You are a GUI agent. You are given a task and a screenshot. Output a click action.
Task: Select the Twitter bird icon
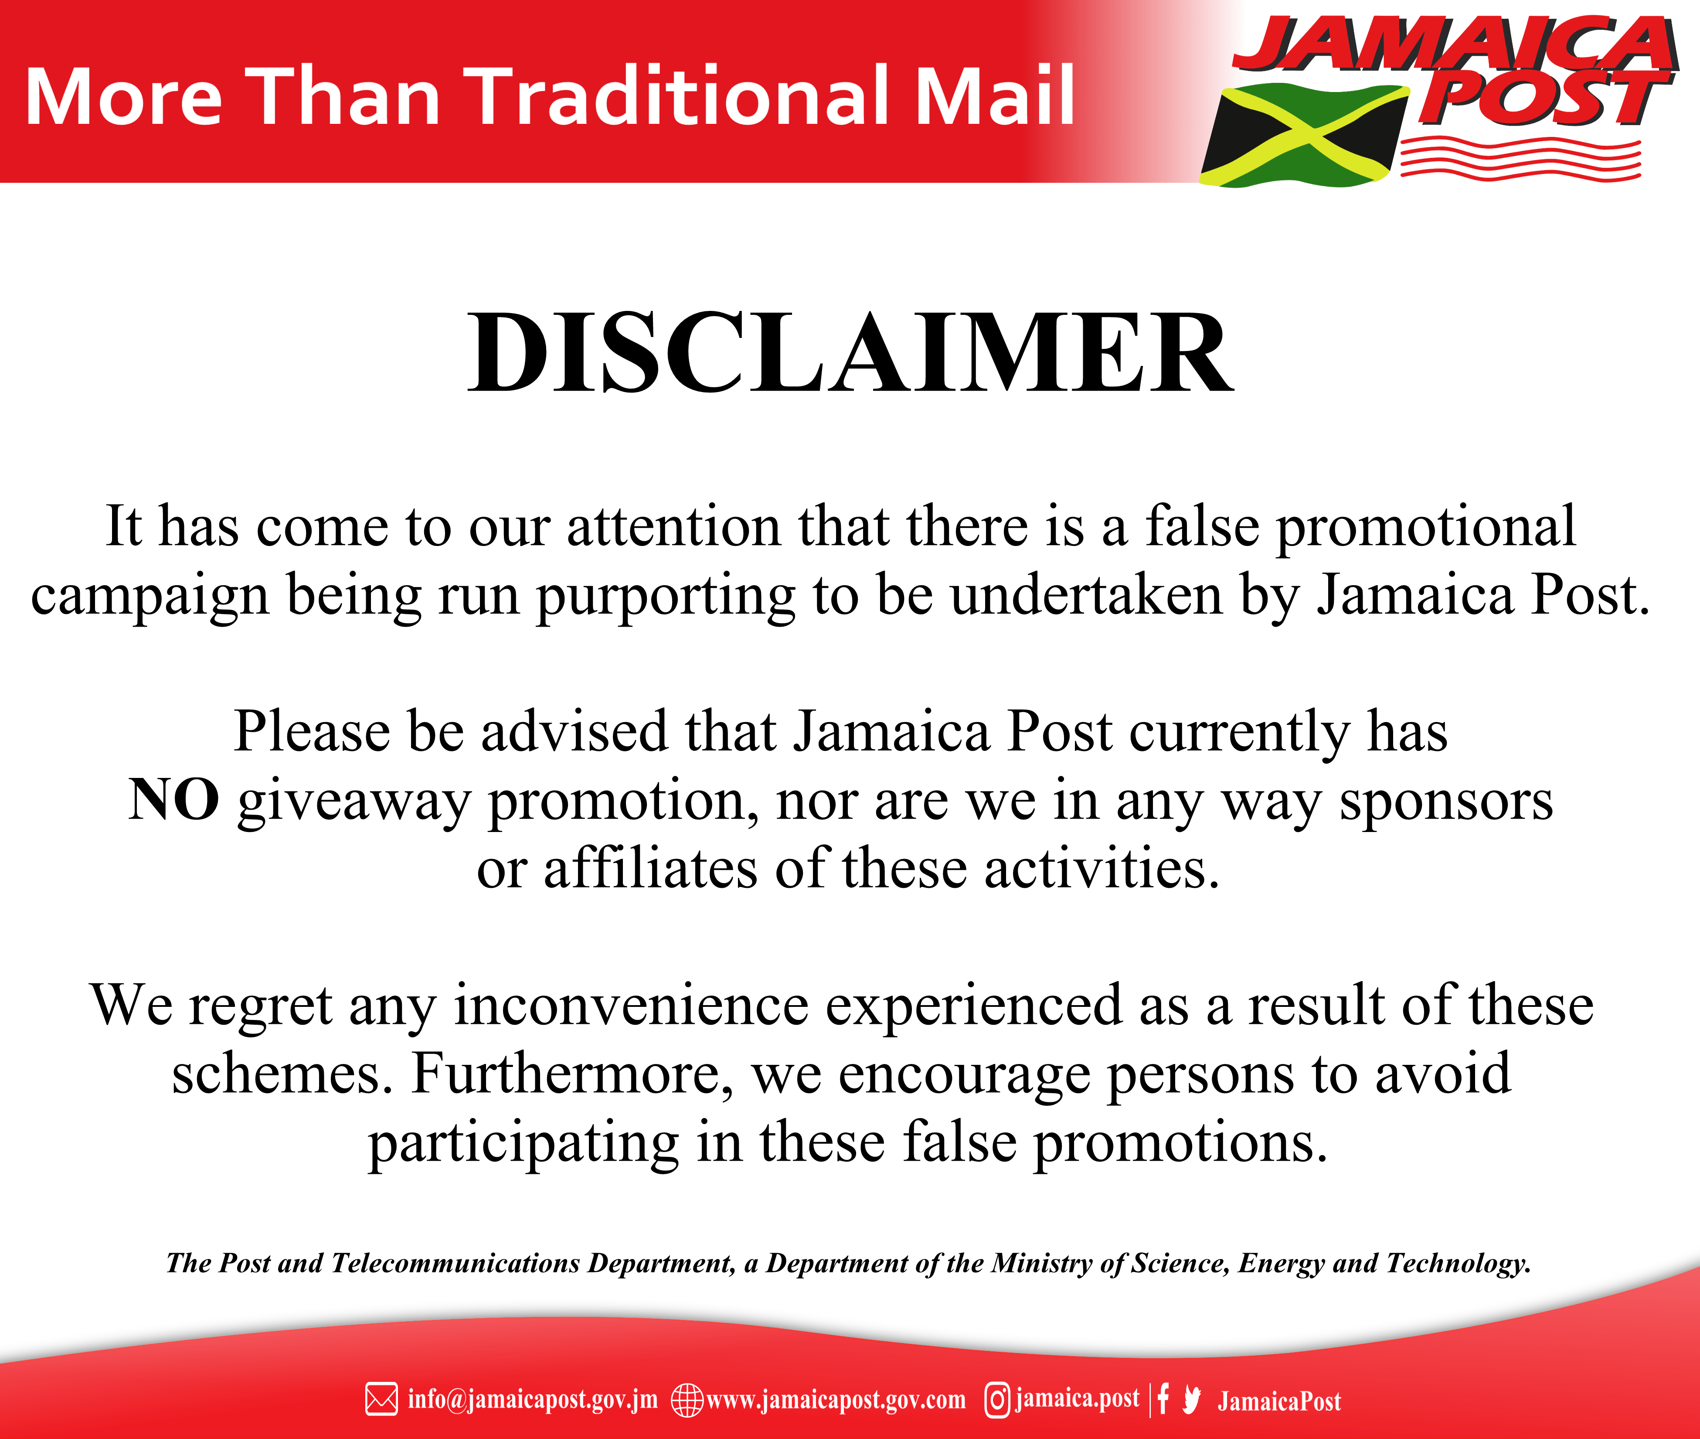point(1192,1400)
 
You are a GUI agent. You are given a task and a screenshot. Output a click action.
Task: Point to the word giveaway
point(355,802)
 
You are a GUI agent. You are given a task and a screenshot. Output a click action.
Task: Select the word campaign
point(150,597)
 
